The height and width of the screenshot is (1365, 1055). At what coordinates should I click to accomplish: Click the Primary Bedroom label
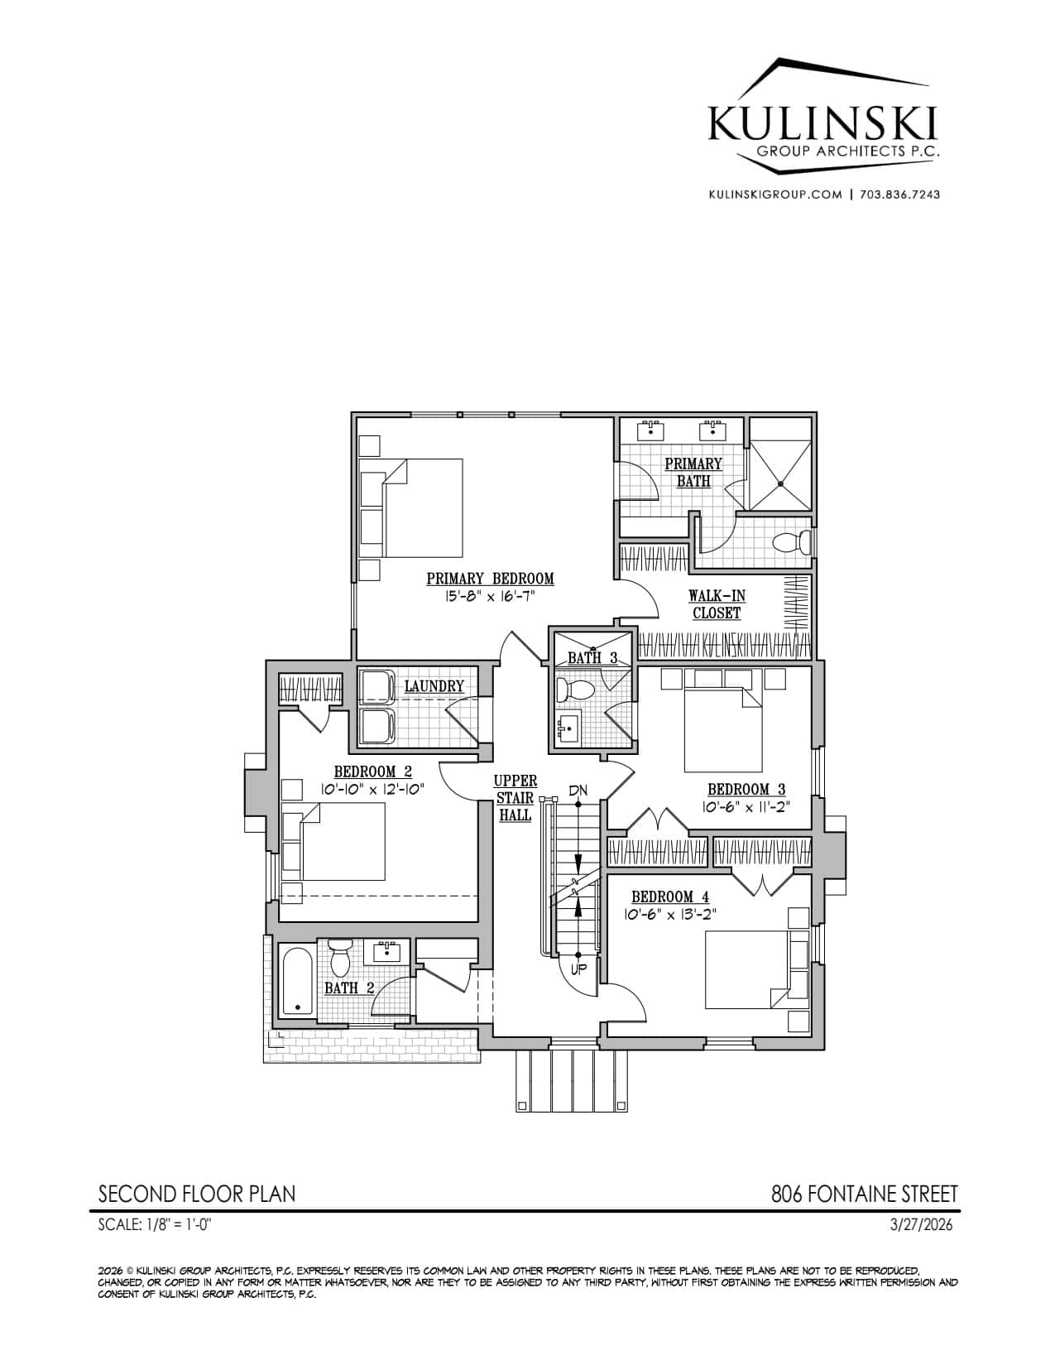coord(490,578)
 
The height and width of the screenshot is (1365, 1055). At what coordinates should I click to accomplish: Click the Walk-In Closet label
coord(717,603)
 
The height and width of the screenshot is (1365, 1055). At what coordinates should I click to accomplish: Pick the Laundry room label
coord(434,686)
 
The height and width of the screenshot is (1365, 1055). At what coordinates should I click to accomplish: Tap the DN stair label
coord(578,791)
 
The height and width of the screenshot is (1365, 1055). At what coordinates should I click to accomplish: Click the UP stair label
coord(578,969)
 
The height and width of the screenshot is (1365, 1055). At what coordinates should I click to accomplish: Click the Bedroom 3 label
coord(746,789)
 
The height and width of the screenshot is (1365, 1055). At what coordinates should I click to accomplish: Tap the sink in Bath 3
coord(568,728)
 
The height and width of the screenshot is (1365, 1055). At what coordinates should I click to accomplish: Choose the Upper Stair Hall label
coord(516,798)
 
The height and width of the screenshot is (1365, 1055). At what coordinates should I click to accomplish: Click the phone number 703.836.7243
coord(899,195)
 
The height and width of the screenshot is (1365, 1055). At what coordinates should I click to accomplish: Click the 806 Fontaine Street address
coord(864,1194)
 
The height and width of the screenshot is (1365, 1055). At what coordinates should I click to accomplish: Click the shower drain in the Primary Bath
coord(780,483)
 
